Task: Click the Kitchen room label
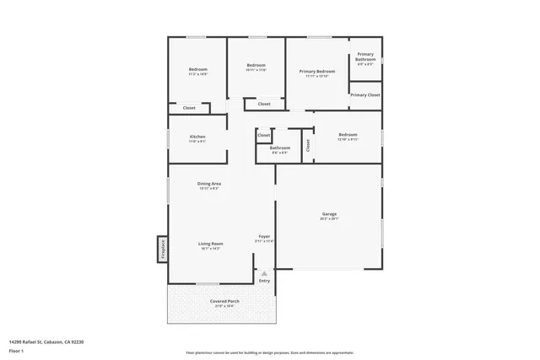tap(197, 137)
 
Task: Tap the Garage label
tap(329, 215)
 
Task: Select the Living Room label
tap(210, 244)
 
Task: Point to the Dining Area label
tap(209, 185)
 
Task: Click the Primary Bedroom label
tap(317, 73)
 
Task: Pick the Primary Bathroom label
tap(365, 57)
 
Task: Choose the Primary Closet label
tap(365, 95)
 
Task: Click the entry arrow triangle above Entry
tap(264, 273)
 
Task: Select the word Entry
tap(264, 281)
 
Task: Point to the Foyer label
tap(264, 237)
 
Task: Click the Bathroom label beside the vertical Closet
tap(280, 148)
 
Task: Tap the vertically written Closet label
tap(308, 144)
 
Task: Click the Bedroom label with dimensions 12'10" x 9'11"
tap(348, 136)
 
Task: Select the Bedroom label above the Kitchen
tap(197, 70)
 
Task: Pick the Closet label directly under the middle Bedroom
tap(264, 104)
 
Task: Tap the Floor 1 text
tap(16, 350)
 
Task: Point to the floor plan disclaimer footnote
tap(269, 353)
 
